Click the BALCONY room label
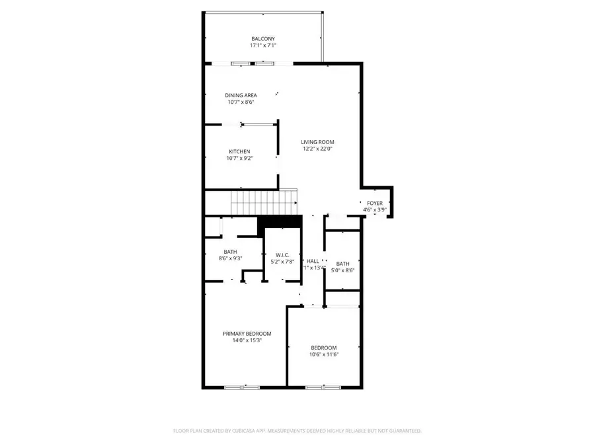[x=262, y=38]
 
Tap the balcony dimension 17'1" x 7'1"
[x=262, y=46]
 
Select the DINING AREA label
[x=241, y=95]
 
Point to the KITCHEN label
[x=239, y=151]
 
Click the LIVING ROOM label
[x=317, y=142]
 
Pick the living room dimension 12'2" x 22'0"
[x=317, y=149]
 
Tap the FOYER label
[x=375, y=203]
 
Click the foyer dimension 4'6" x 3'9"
[x=375, y=210]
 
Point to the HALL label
[x=313, y=261]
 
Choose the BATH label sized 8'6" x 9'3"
[x=230, y=251]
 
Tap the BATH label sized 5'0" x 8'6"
[x=342, y=264]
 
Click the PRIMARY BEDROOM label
[x=247, y=334]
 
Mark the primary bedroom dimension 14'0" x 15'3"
[x=247, y=341]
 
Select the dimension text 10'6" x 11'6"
[x=324, y=355]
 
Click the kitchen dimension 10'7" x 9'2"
[x=239, y=159]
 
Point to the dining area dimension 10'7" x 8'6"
[x=241, y=102]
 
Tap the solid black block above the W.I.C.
[x=279, y=222]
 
